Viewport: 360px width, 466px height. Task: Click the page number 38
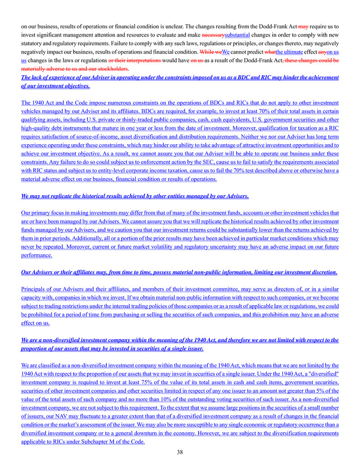click(180, 452)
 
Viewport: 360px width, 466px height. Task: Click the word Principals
click(35, 289)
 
